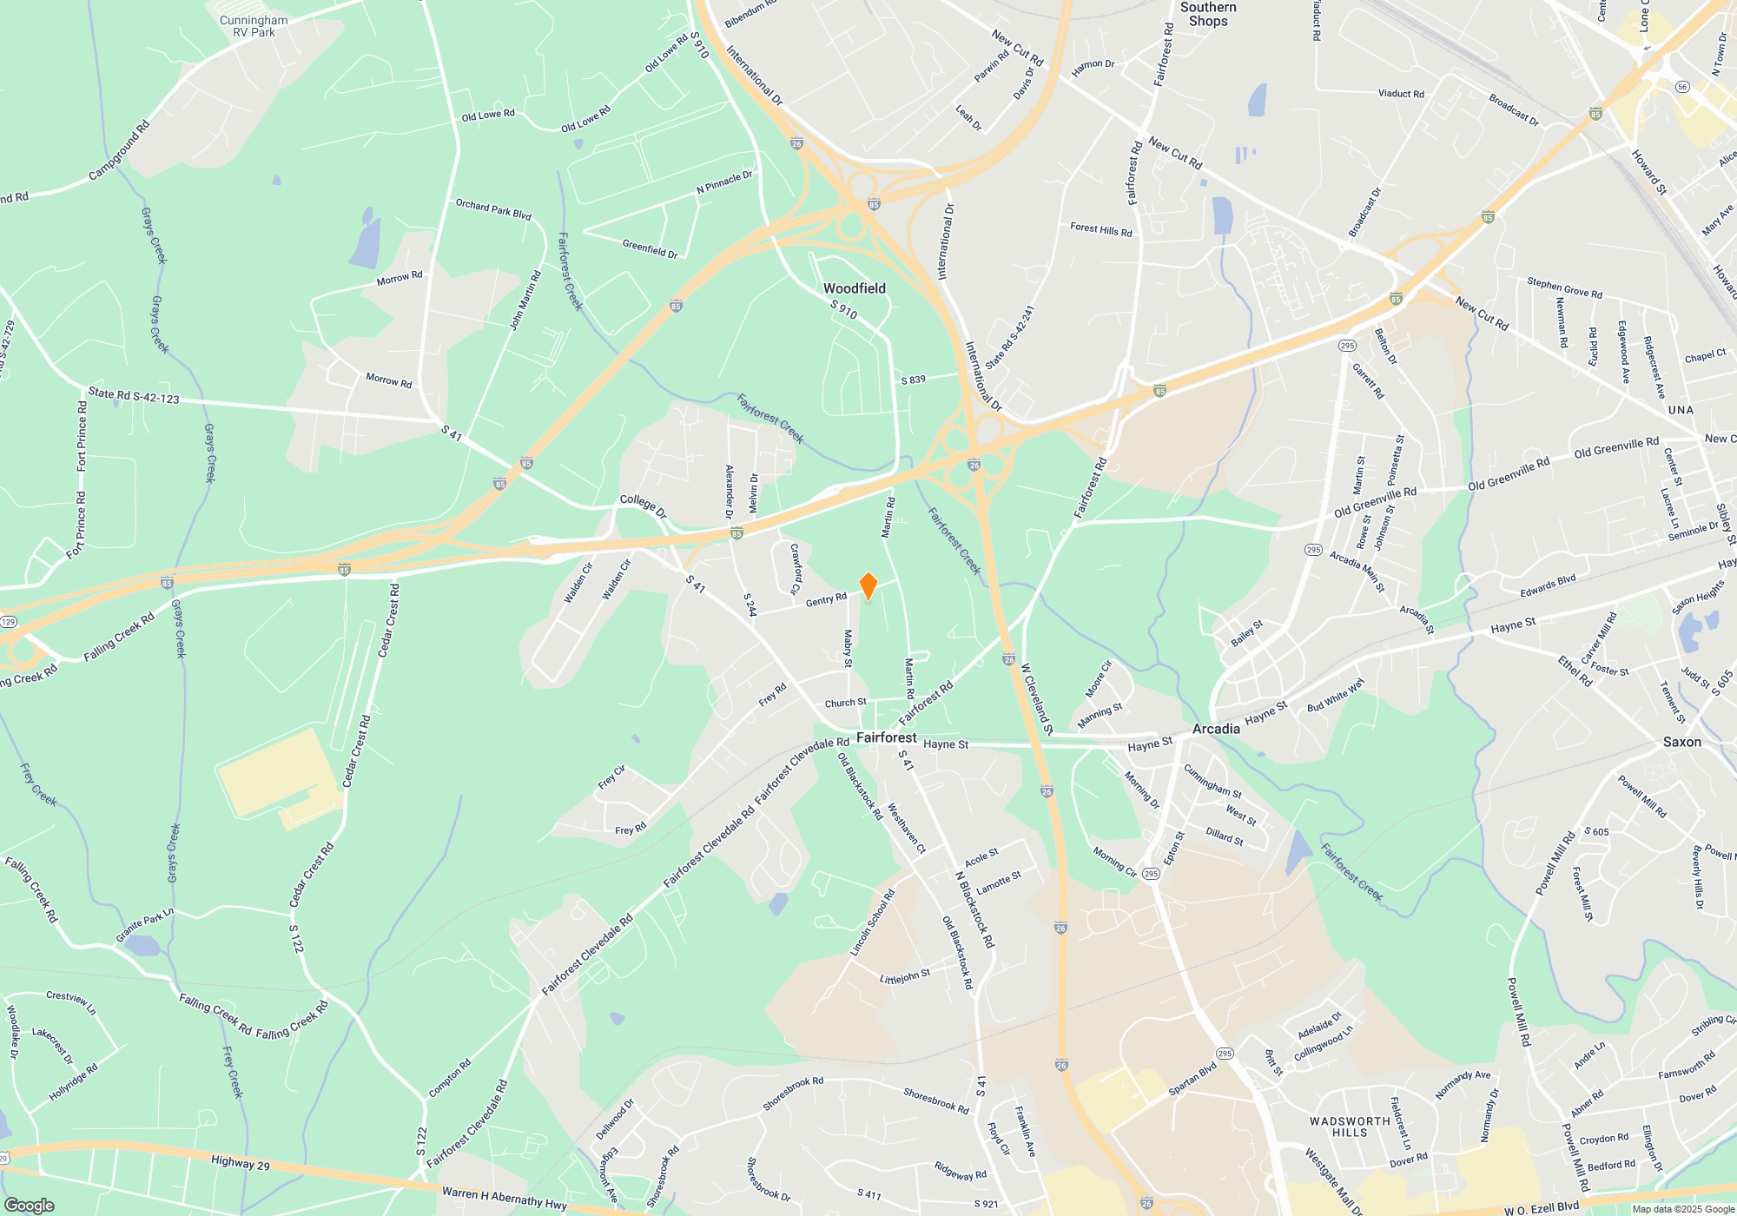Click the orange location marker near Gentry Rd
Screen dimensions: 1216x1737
(x=868, y=586)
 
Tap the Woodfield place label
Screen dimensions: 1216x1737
(x=854, y=288)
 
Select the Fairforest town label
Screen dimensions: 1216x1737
(x=886, y=737)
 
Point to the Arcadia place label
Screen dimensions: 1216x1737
(x=1216, y=729)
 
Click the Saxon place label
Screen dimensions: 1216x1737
(x=1681, y=742)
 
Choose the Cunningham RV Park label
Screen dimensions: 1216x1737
(x=254, y=26)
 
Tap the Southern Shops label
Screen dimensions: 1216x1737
(x=1208, y=14)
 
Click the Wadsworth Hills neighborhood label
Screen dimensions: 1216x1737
(x=1350, y=1127)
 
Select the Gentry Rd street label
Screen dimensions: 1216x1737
(x=826, y=599)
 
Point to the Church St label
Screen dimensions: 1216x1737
(x=845, y=703)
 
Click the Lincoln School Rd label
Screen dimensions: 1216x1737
(x=872, y=923)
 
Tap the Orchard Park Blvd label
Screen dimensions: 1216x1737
(x=493, y=209)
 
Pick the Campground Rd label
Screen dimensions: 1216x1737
(x=120, y=150)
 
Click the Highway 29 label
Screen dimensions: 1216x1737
(x=240, y=1163)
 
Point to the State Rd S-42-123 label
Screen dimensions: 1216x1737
(x=133, y=396)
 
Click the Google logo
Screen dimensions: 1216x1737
(x=29, y=1206)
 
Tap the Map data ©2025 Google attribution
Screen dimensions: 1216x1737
(x=1683, y=1209)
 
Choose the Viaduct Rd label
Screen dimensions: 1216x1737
(x=1401, y=94)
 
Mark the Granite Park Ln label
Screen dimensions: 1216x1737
(x=145, y=924)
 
